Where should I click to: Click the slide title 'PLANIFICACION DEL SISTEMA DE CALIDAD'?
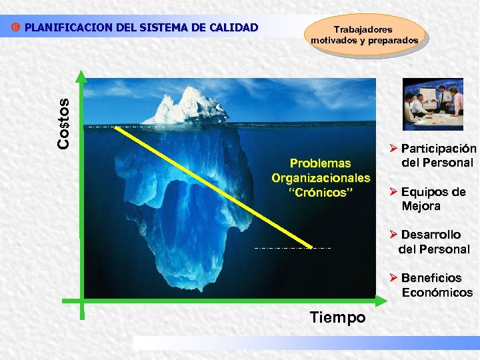pyautogui.click(x=140, y=27)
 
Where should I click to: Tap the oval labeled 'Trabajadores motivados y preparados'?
pyautogui.click(x=365, y=35)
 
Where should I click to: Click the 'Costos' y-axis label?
pyautogui.click(x=64, y=124)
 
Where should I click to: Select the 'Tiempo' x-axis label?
pyautogui.click(x=337, y=317)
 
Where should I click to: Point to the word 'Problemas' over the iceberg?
pyautogui.click(x=320, y=163)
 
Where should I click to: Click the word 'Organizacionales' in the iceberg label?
pyautogui.click(x=320, y=178)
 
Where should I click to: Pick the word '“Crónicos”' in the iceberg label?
pyautogui.click(x=320, y=193)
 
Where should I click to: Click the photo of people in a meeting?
pyautogui.click(x=433, y=103)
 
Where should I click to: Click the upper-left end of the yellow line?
pyautogui.click(x=116, y=126)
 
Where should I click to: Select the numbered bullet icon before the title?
pyautogui.click(x=17, y=28)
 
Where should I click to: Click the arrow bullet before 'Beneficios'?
pyautogui.click(x=393, y=277)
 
